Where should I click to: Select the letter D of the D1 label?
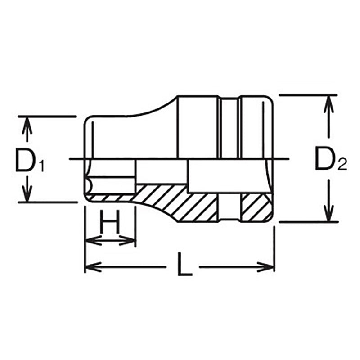pyautogui.click(x=24, y=161)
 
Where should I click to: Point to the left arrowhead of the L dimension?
pyautogui.click(x=90, y=267)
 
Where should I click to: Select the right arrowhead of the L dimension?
pyautogui.click(x=269, y=267)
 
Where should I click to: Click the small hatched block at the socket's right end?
pyautogui.click(x=255, y=207)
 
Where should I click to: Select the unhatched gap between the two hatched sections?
pyautogui.click(x=231, y=207)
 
